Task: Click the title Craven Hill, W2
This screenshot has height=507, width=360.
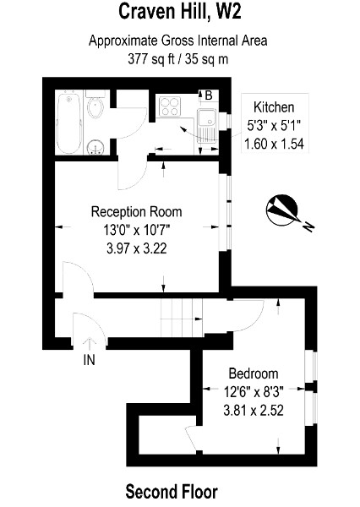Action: point(179,12)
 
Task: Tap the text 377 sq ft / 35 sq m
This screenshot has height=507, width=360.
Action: point(179,58)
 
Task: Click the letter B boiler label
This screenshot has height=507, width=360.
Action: point(207,95)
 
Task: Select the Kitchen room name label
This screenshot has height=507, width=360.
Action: point(274,107)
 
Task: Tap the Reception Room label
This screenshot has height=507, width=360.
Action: point(136,211)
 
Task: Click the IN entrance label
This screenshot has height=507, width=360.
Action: point(89,361)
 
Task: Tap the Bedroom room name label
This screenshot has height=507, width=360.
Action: point(253,373)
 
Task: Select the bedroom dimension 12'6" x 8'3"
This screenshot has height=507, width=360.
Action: point(253,392)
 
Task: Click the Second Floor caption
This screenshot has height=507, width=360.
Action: point(172,490)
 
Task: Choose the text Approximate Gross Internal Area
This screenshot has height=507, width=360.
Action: point(179,41)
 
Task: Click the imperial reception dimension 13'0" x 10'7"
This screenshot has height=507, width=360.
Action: point(136,229)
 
